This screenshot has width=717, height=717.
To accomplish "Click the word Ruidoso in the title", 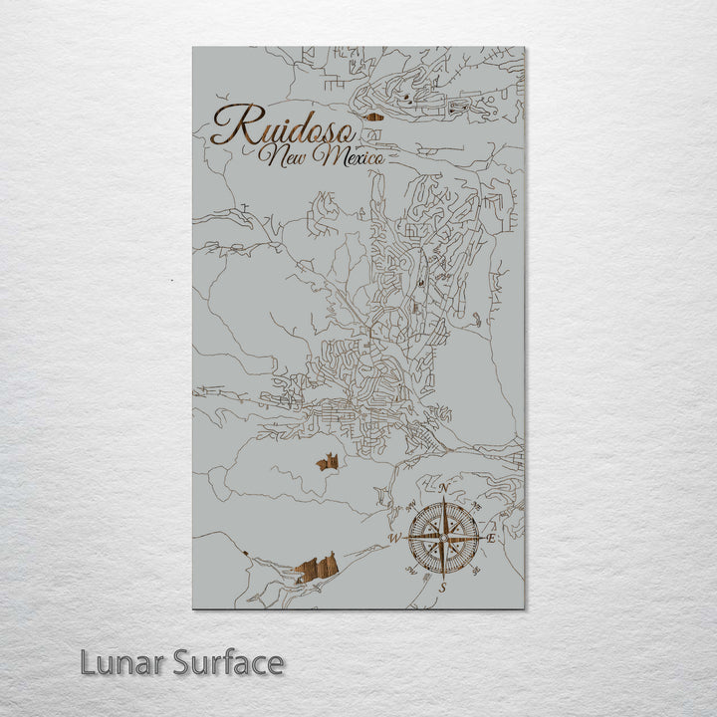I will coord(279,127).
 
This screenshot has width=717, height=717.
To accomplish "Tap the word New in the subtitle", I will coord(282,156).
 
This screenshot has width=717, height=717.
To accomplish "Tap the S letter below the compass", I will coord(441,588).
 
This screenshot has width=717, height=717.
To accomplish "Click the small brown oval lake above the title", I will coord(375,117).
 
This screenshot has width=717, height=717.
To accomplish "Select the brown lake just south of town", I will coord(328,461).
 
